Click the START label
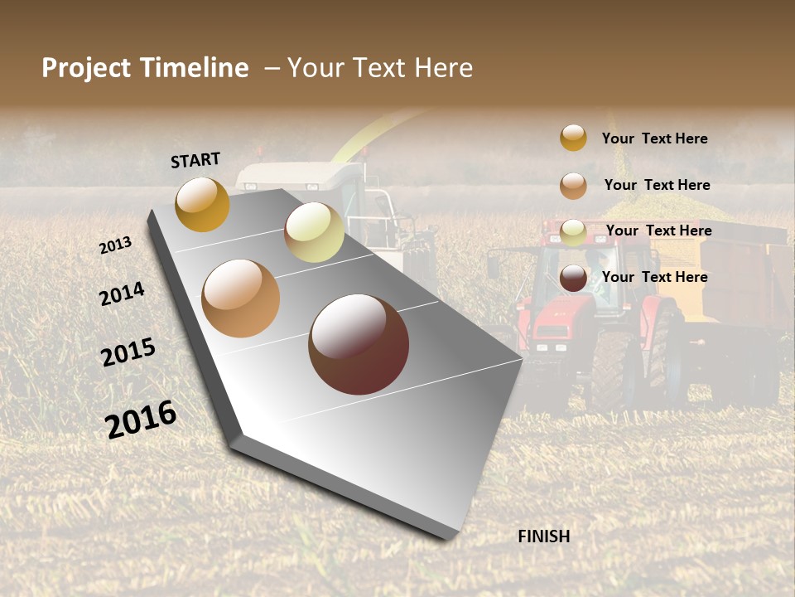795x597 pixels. click(x=195, y=160)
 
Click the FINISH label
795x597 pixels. click(x=544, y=536)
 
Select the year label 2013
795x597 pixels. click(x=116, y=245)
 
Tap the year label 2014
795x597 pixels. click(x=122, y=294)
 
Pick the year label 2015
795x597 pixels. click(x=128, y=352)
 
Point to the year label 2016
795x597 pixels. click(x=141, y=420)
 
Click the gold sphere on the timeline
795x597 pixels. click(x=202, y=204)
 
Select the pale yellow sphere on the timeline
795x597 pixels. click(x=314, y=232)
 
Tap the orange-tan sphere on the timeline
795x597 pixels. click(x=241, y=298)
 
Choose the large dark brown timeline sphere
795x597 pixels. click(x=359, y=344)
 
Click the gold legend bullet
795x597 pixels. click(x=573, y=138)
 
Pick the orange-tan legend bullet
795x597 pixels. click(x=573, y=186)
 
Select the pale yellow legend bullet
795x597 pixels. click(x=573, y=232)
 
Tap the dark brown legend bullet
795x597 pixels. click(x=573, y=279)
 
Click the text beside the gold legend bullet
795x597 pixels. click(x=654, y=138)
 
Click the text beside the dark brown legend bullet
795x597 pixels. click(x=654, y=277)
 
